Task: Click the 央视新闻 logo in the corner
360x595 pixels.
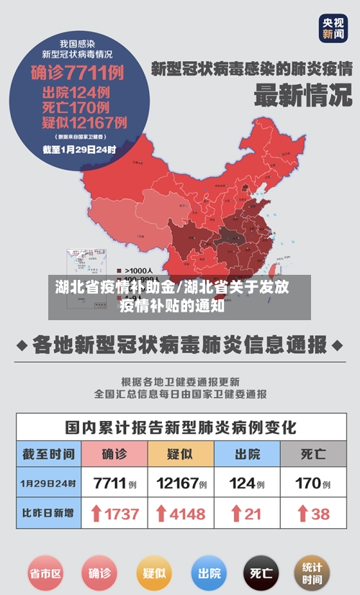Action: (333, 28)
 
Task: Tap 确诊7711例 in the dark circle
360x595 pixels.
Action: (77, 73)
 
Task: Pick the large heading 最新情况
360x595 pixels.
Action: (302, 95)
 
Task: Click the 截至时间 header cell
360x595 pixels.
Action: (48, 454)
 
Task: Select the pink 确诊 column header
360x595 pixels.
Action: (114, 454)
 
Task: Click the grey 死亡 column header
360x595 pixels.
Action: (312, 454)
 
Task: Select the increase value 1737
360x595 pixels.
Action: (120, 514)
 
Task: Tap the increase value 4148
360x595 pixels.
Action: (186, 514)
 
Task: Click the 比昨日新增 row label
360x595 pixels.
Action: (48, 514)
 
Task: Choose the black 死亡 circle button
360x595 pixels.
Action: (261, 573)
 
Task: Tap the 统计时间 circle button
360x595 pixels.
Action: (312, 573)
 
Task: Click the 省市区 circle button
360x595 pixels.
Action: (45, 573)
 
